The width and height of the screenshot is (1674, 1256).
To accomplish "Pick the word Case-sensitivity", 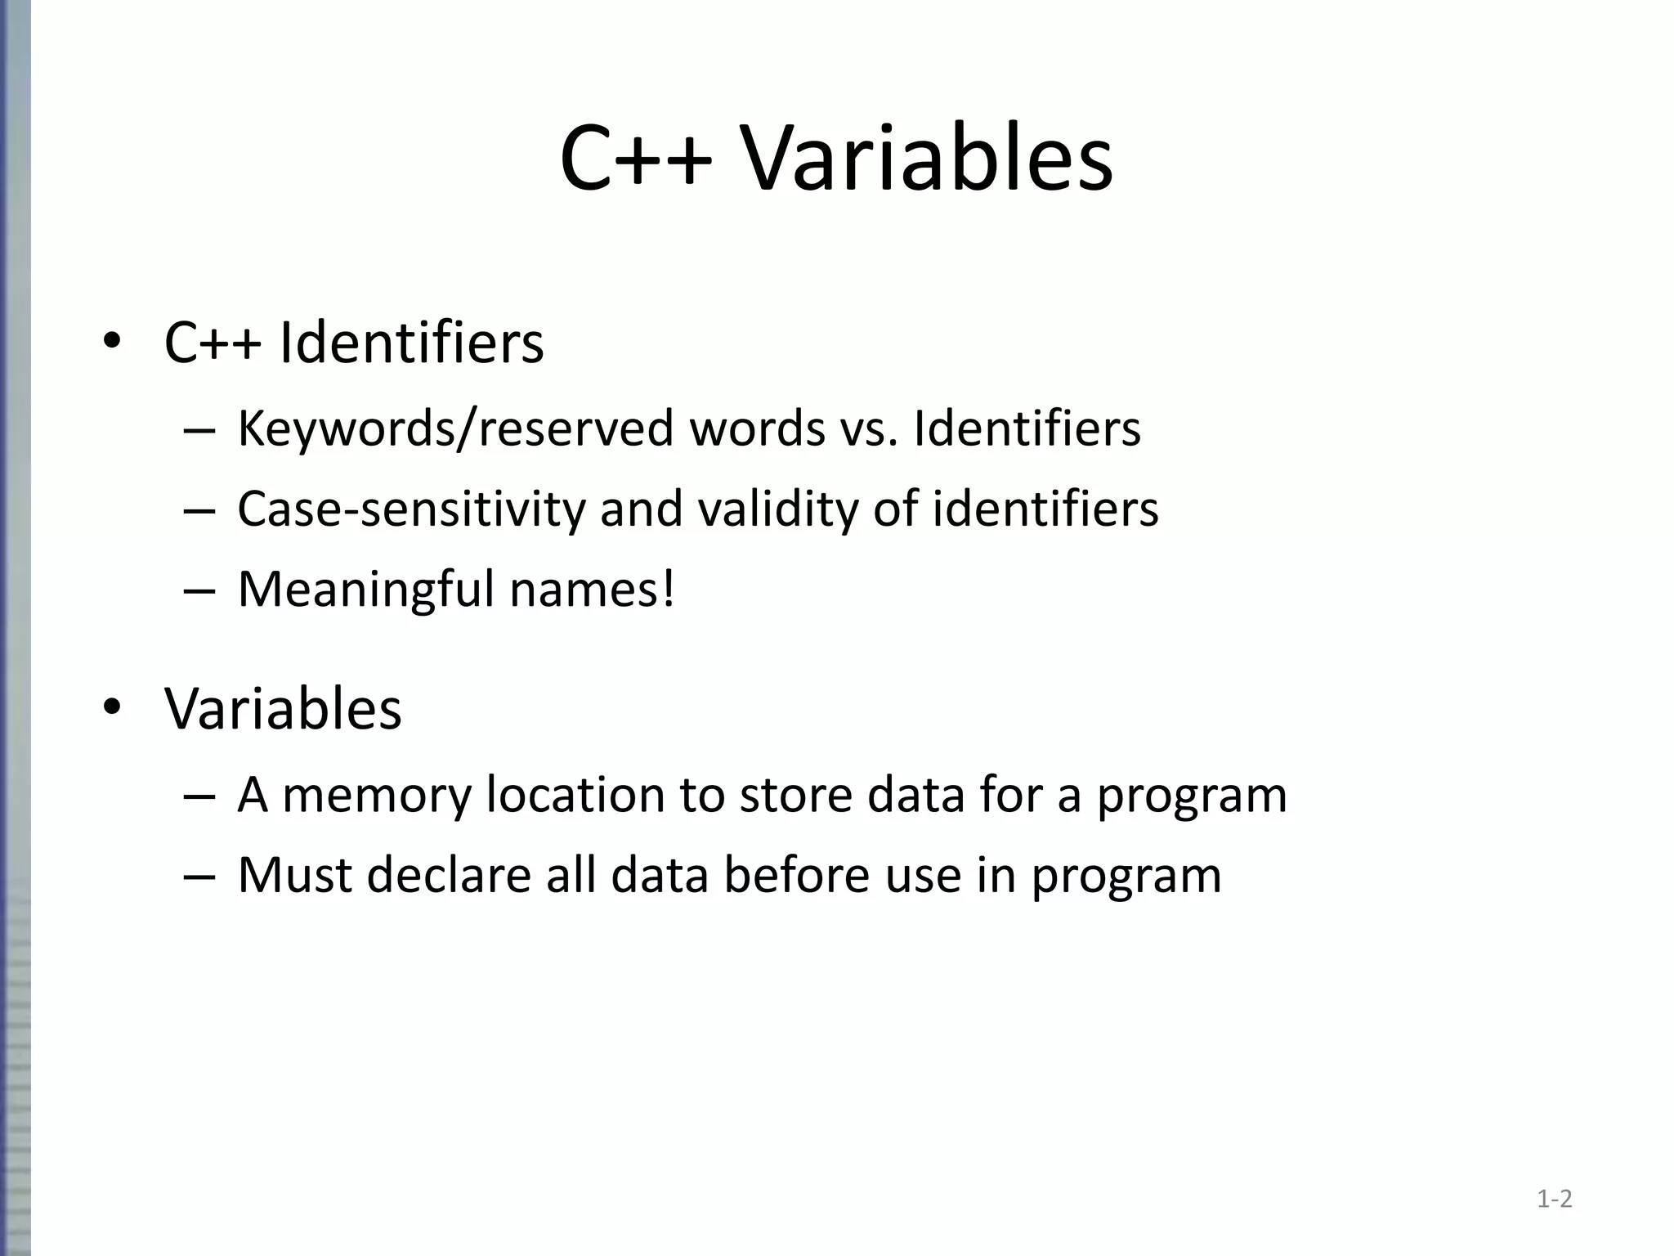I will tap(411, 509).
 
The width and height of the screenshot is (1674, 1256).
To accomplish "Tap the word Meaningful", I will tap(365, 589).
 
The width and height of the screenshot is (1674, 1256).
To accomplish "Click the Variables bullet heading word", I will tap(283, 708).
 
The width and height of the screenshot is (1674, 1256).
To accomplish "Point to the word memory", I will tap(377, 795).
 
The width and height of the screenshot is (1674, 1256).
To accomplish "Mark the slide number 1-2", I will tap(1554, 1200).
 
